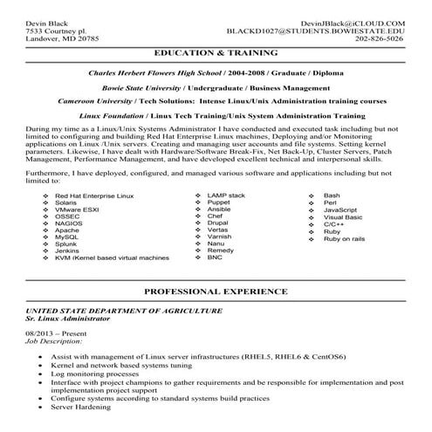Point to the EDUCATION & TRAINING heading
pos(216,54)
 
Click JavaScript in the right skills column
pos(340,235)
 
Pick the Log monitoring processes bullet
pos(97,374)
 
